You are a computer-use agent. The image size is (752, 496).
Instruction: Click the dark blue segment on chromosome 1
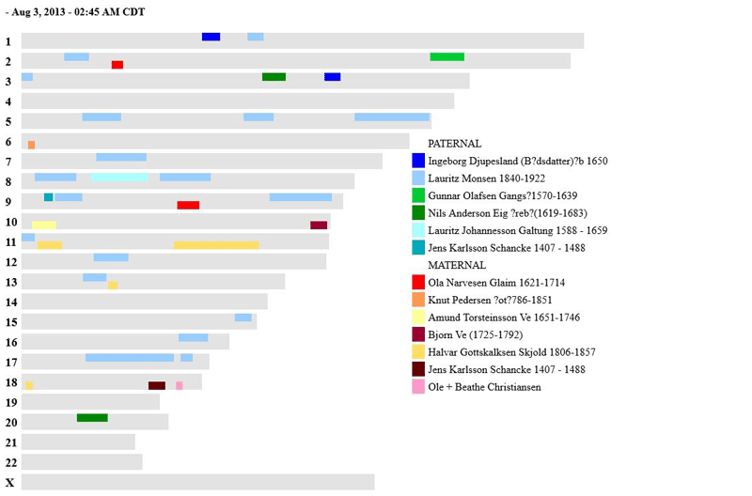click(211, 37)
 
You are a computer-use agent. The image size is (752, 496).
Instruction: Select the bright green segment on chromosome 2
click(446, 56)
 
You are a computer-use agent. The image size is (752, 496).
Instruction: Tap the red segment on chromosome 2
click(117, 65)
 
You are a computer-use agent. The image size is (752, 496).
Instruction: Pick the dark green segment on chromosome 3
click(274, 77)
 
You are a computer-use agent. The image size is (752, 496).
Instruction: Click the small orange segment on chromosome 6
click(31, 145)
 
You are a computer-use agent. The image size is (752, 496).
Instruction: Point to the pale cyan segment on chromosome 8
click(119, 177)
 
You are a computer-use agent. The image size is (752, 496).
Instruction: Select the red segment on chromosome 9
click(188, 205)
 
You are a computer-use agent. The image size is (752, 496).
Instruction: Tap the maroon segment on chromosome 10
click(319, 225)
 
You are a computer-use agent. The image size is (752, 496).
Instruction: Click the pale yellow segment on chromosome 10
click(44, 225)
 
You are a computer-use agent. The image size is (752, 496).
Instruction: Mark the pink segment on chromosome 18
click(180, 385)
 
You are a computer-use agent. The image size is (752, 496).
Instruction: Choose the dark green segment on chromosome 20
click(92, 417)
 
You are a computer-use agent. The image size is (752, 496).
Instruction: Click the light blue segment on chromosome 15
click(243, 318)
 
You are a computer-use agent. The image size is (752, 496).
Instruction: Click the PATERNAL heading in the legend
click(454, 144)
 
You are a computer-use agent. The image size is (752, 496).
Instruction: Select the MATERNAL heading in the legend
click(457, 265)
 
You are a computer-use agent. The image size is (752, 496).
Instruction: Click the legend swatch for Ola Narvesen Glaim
click(418, 283)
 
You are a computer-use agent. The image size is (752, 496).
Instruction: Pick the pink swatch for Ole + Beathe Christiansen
click(418, 387)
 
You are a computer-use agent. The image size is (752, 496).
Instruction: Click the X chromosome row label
click(9, 482)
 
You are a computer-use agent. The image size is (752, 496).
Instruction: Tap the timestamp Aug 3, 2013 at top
click(75, 12)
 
